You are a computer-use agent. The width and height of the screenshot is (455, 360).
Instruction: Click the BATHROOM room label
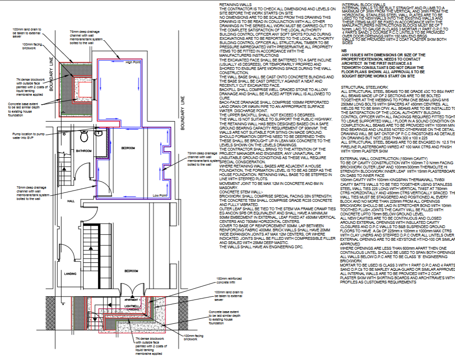(x=85, y=151)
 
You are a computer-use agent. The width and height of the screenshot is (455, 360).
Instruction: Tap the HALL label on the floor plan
(x=71, y=201)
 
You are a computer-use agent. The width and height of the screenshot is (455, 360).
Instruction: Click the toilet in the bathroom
(x=84, y=137)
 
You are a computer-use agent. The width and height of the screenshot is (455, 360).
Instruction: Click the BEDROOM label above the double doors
(x=131, y=271)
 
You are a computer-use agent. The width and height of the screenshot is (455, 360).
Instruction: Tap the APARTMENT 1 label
(x=132, y=299)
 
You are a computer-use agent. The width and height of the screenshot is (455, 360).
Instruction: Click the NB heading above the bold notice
(x=344, y=50)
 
